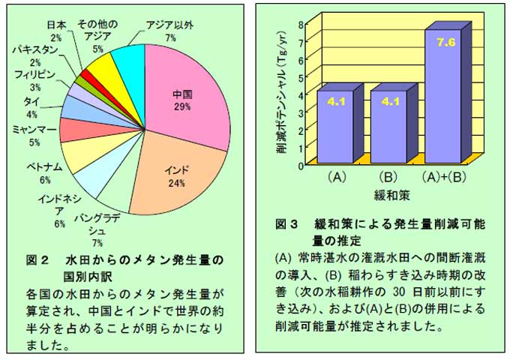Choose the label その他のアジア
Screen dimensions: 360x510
(98, 24)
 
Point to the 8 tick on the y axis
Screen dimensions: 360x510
(300, 23)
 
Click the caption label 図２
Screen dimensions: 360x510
(37, 260)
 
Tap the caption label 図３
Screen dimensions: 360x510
(288, 223)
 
